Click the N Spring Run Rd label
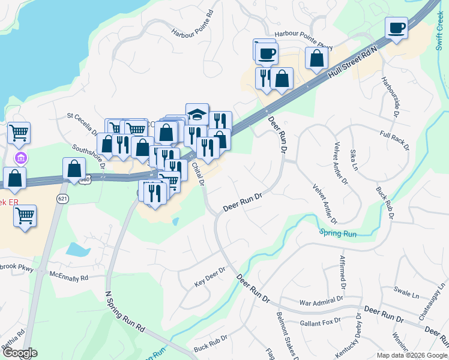click(125, 313)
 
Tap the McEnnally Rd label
click(69, 277)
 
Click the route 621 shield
click(62, 199)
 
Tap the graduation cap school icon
click(196, 114)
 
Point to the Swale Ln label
click(406, 293)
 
